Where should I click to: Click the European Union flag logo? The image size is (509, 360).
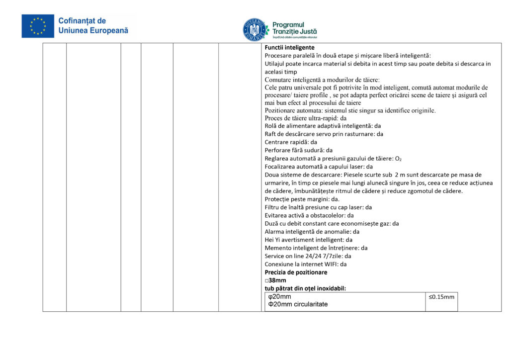click(x=38, y=26)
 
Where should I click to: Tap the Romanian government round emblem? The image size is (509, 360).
click(x=254, y=29)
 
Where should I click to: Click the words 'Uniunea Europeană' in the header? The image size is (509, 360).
click(x=93, y=30)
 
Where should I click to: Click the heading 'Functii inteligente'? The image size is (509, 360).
click(x=289, y=47)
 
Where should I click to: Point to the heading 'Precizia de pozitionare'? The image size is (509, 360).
click(x=296, y=272)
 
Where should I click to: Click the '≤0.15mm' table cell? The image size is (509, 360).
click(x=441, y=297)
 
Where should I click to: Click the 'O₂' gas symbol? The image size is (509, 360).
click(x=398, y=159)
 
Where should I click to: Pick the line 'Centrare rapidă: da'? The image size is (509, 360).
click(x=291, y=142)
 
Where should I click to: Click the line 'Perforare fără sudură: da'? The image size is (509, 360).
click(x=299, y=150)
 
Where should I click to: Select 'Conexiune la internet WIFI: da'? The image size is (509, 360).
click(x=306, y=264)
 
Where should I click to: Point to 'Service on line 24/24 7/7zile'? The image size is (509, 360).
click(x=308, y=256)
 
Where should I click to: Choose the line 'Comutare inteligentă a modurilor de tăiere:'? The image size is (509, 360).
click(x=322, y=80)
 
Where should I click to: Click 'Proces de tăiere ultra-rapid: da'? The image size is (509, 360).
click(x=306, y=118)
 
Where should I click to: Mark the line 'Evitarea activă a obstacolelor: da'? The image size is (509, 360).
click(x=309, y=215)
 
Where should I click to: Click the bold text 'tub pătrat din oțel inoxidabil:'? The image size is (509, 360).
click(x=305, y=288)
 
